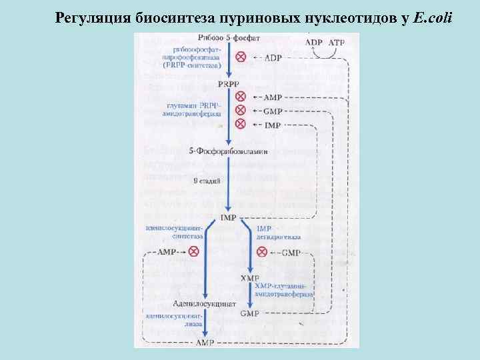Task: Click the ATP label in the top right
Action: coord(337,42)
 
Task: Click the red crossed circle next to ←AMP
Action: coord(241,97)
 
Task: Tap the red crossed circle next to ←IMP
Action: coord(241,124)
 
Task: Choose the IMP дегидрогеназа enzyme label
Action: coord(279,232)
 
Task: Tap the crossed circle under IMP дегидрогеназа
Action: coord(261,252)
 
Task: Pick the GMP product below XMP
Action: coord(249,313)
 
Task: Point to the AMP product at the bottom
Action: coord(205,342)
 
